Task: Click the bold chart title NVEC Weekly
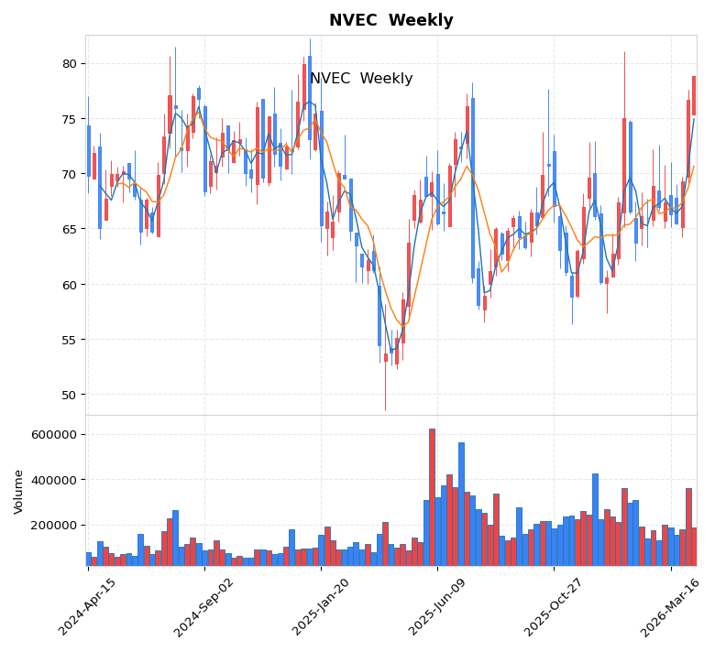390,20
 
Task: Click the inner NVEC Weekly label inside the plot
361,79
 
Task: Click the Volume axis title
19,491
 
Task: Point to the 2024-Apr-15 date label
88,606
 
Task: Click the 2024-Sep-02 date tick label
203,606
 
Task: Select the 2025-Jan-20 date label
320,606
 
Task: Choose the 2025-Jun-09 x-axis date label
436,606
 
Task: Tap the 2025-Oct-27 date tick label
553,606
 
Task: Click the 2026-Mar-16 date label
670,606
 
